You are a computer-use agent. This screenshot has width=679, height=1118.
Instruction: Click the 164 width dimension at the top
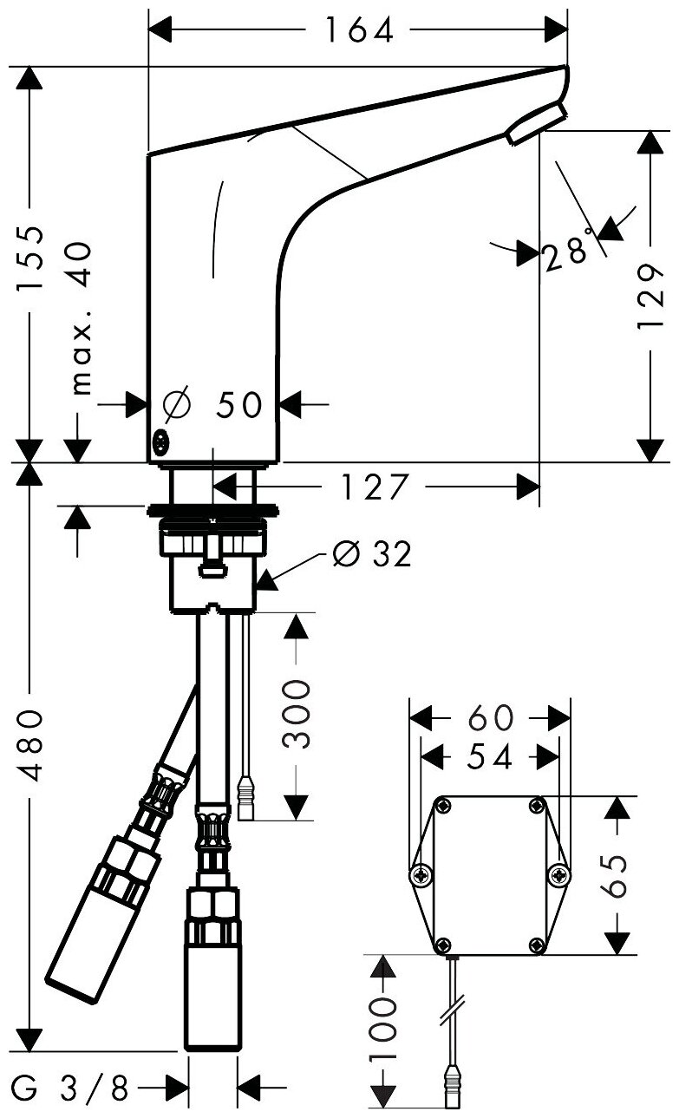tap(358, 32)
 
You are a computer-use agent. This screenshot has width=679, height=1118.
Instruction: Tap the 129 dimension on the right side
tap(650, 297)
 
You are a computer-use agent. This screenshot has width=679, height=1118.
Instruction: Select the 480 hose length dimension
tap(32, 745)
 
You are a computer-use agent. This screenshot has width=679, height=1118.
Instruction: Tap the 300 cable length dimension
tap(297, 714)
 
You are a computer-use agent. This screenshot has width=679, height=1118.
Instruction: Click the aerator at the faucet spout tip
tap(536, 122)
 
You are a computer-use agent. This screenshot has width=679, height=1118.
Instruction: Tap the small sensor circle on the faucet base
tap(160, 441)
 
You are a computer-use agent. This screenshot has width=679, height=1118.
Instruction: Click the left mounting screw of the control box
tap(422, 875)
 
